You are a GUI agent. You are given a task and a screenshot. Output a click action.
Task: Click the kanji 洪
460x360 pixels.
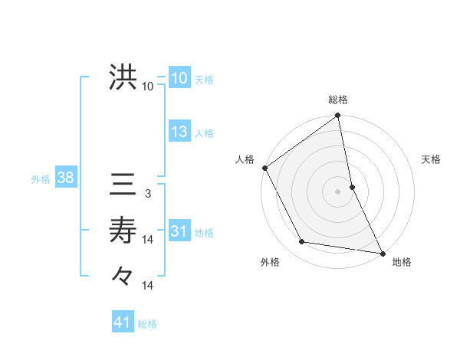pos(123,78)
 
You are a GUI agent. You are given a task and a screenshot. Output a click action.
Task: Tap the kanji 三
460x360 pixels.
pos(123,185)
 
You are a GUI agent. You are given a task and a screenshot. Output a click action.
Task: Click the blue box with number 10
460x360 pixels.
pos(179,78)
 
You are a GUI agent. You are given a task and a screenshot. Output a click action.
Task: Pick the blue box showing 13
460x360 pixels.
pos(179,132)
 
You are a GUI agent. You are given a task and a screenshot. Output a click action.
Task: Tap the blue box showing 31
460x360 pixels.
pos(179,231)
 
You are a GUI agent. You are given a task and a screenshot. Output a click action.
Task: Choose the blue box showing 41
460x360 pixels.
pos(123,322)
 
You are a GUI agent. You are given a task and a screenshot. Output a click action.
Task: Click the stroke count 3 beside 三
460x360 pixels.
pos(148,195)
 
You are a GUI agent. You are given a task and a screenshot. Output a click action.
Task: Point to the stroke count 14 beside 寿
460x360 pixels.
pos(148,240)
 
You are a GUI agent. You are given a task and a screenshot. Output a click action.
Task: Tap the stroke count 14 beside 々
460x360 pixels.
pos(148,285)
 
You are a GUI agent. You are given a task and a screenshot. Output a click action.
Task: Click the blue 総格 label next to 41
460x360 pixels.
pos(147,324)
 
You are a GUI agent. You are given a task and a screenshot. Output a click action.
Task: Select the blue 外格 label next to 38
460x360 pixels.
pos(41,179)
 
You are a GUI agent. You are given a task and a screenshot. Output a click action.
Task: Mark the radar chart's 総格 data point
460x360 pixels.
pos(337,116)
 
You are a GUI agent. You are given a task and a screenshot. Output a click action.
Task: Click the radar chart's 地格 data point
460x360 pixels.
pos(382,253)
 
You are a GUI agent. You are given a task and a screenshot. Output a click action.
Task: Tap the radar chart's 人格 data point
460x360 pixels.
pos(265,168)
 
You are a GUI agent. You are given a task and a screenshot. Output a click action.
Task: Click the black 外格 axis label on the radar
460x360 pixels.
pos(270,262)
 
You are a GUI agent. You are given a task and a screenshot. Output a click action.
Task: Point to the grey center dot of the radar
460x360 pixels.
pos(338,191)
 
